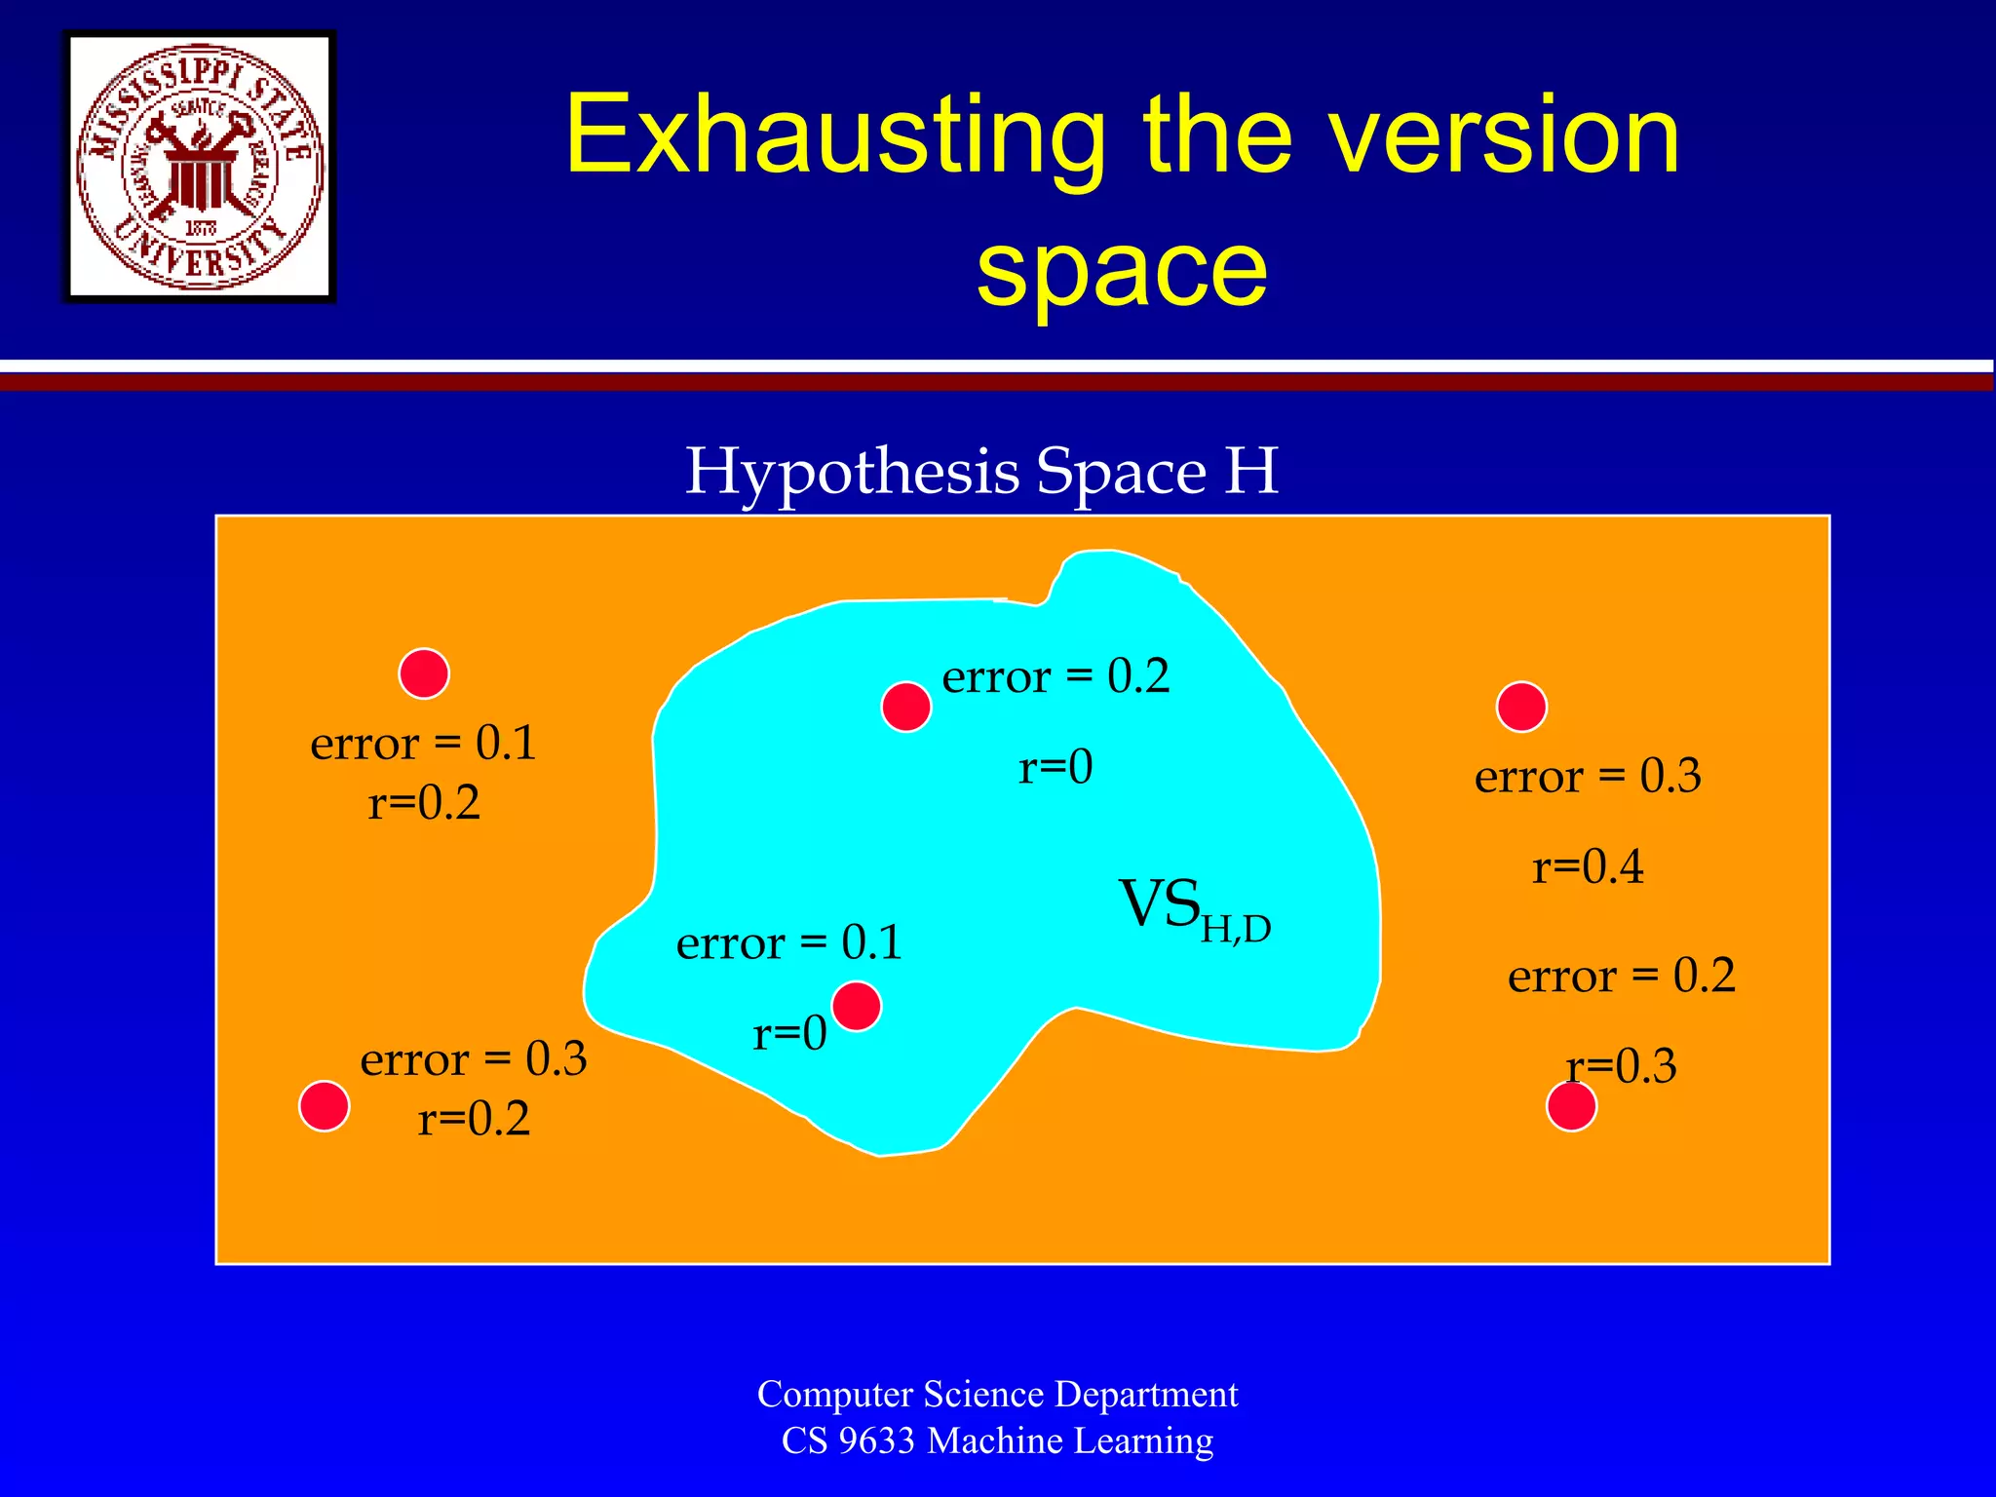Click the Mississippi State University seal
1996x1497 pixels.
[200, 167]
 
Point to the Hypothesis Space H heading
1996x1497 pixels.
[981, 471]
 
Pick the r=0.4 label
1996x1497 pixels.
[1588, 865]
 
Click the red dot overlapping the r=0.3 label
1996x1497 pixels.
[1571, 1106]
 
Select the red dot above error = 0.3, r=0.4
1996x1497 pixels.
[1521, 707]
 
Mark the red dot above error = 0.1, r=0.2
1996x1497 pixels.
[424, 673]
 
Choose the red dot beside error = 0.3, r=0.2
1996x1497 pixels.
[325, 1106]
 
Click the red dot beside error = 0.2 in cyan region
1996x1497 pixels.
[906, 707]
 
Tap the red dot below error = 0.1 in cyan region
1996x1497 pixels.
[857, 1006]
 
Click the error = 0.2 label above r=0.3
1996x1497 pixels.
[1622, 975]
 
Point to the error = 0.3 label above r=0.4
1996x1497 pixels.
[1588, 776]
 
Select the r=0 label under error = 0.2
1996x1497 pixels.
[1056, 766]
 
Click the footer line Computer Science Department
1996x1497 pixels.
[997, 1394]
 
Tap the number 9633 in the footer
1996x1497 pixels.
[876, 1440]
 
